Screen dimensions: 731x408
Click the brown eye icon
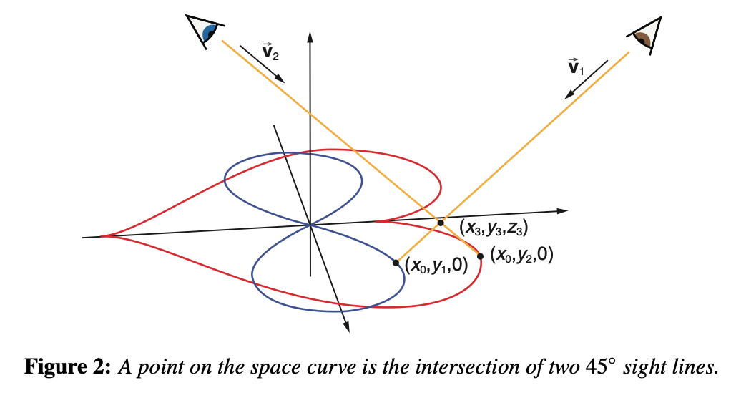[647, 36]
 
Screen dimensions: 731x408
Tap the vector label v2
[270, 52]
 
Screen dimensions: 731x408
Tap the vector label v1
[576, 67]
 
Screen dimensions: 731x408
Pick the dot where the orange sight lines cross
[441, 223]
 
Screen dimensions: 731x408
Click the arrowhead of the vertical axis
[310, 37]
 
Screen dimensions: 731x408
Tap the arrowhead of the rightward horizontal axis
[562, 210]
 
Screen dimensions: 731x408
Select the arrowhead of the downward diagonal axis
[346, 327]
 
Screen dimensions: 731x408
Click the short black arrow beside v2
[262, 64]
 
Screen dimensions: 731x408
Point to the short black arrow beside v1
[586, 79]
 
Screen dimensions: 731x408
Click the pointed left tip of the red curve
[102, 236]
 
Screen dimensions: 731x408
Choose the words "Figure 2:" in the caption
[68, 367]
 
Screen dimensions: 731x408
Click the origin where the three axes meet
[310, 225]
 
